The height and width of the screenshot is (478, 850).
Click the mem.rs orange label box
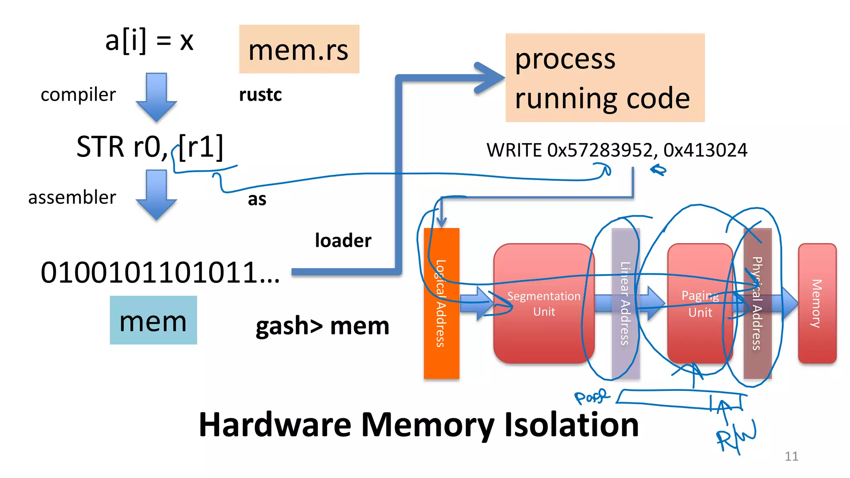[299, 49]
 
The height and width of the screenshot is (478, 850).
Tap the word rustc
[260, 95]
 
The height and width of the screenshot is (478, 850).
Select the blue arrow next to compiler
[156, 97]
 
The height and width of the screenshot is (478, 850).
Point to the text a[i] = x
[149, 41]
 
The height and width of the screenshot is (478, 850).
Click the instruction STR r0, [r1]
[149, 146]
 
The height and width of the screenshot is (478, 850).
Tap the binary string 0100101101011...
[160, 273]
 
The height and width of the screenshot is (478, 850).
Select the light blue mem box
[153, 320]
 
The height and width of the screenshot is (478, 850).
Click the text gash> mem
[322, 326]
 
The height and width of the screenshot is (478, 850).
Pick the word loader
[343, 240]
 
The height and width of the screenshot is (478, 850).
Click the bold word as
[257, 199]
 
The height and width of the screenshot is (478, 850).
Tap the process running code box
[605, 78]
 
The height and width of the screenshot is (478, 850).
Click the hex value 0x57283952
[600, 150]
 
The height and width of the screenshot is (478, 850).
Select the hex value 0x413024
[705, 150]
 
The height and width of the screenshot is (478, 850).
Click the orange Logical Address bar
[441, 303]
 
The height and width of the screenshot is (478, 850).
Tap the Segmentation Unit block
[544, 303]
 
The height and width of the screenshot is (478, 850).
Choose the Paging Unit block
[700, 303]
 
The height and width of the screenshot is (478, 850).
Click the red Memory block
[817, 303]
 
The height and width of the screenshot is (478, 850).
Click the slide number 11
[791, 456]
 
